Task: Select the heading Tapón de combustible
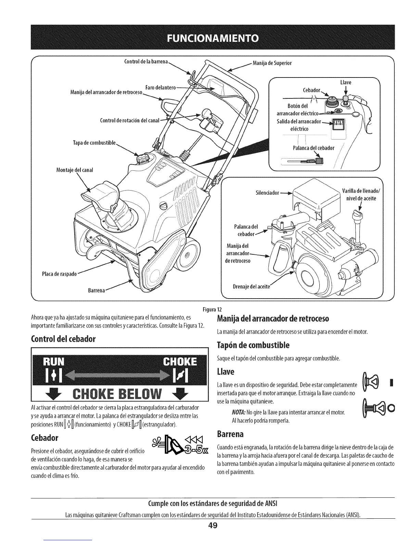[253, 345]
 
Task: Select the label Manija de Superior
[272, 63]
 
